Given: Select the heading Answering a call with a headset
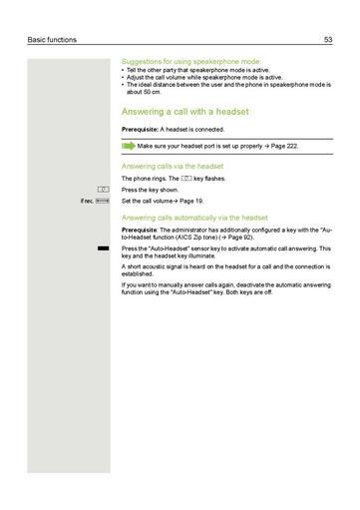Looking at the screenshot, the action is [x=184, y=112].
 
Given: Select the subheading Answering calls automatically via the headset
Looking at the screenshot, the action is [x=194, y=217].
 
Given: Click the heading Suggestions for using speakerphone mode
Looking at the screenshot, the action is [x=190, y=60].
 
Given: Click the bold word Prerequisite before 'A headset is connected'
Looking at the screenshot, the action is [x=139, y=130].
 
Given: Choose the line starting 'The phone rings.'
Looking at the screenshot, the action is [x=160, y=179].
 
